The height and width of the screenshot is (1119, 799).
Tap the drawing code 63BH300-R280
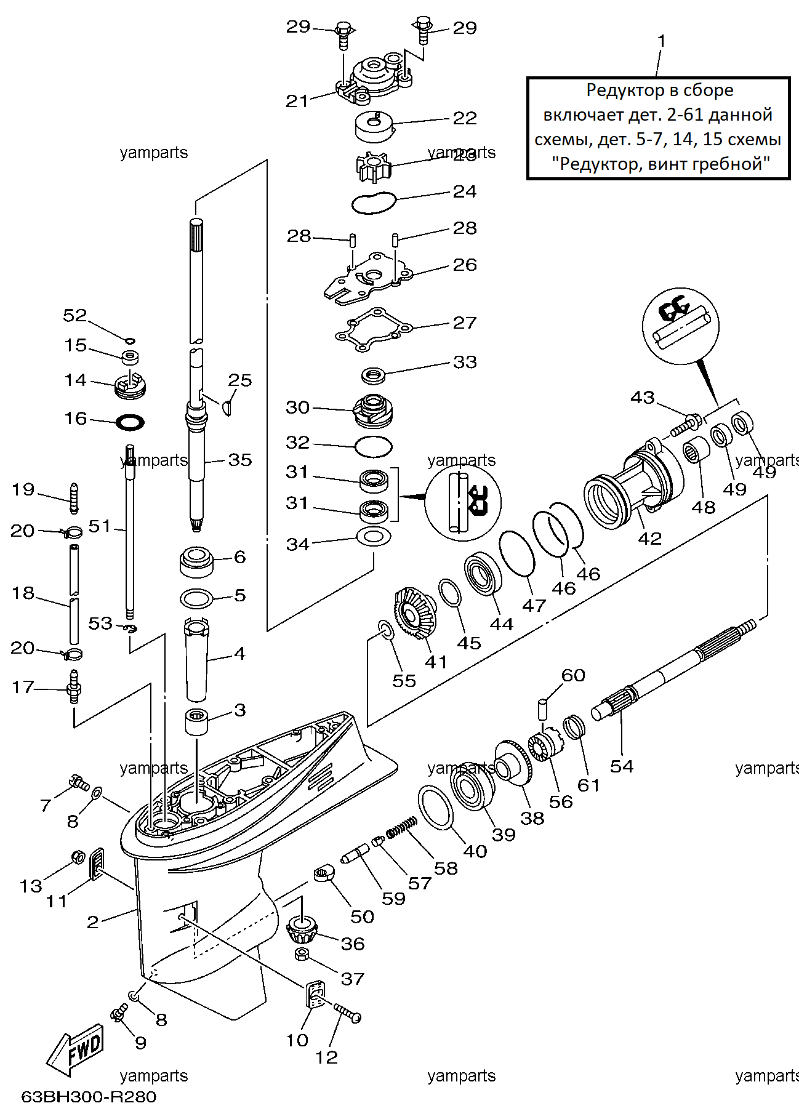89,1097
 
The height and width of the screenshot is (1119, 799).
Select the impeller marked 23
374,166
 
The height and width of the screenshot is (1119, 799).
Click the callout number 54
622,766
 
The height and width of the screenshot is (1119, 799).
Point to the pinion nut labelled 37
302,954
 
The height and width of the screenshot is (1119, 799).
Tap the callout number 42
649,539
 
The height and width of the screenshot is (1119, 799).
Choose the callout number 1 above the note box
662,41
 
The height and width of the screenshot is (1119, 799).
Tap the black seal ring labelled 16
130,422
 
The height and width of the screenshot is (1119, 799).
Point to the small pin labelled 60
543,707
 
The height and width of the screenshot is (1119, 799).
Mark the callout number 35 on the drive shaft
240,460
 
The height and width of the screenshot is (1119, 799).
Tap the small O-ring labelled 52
129,340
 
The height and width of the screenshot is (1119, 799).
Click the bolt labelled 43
686,425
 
